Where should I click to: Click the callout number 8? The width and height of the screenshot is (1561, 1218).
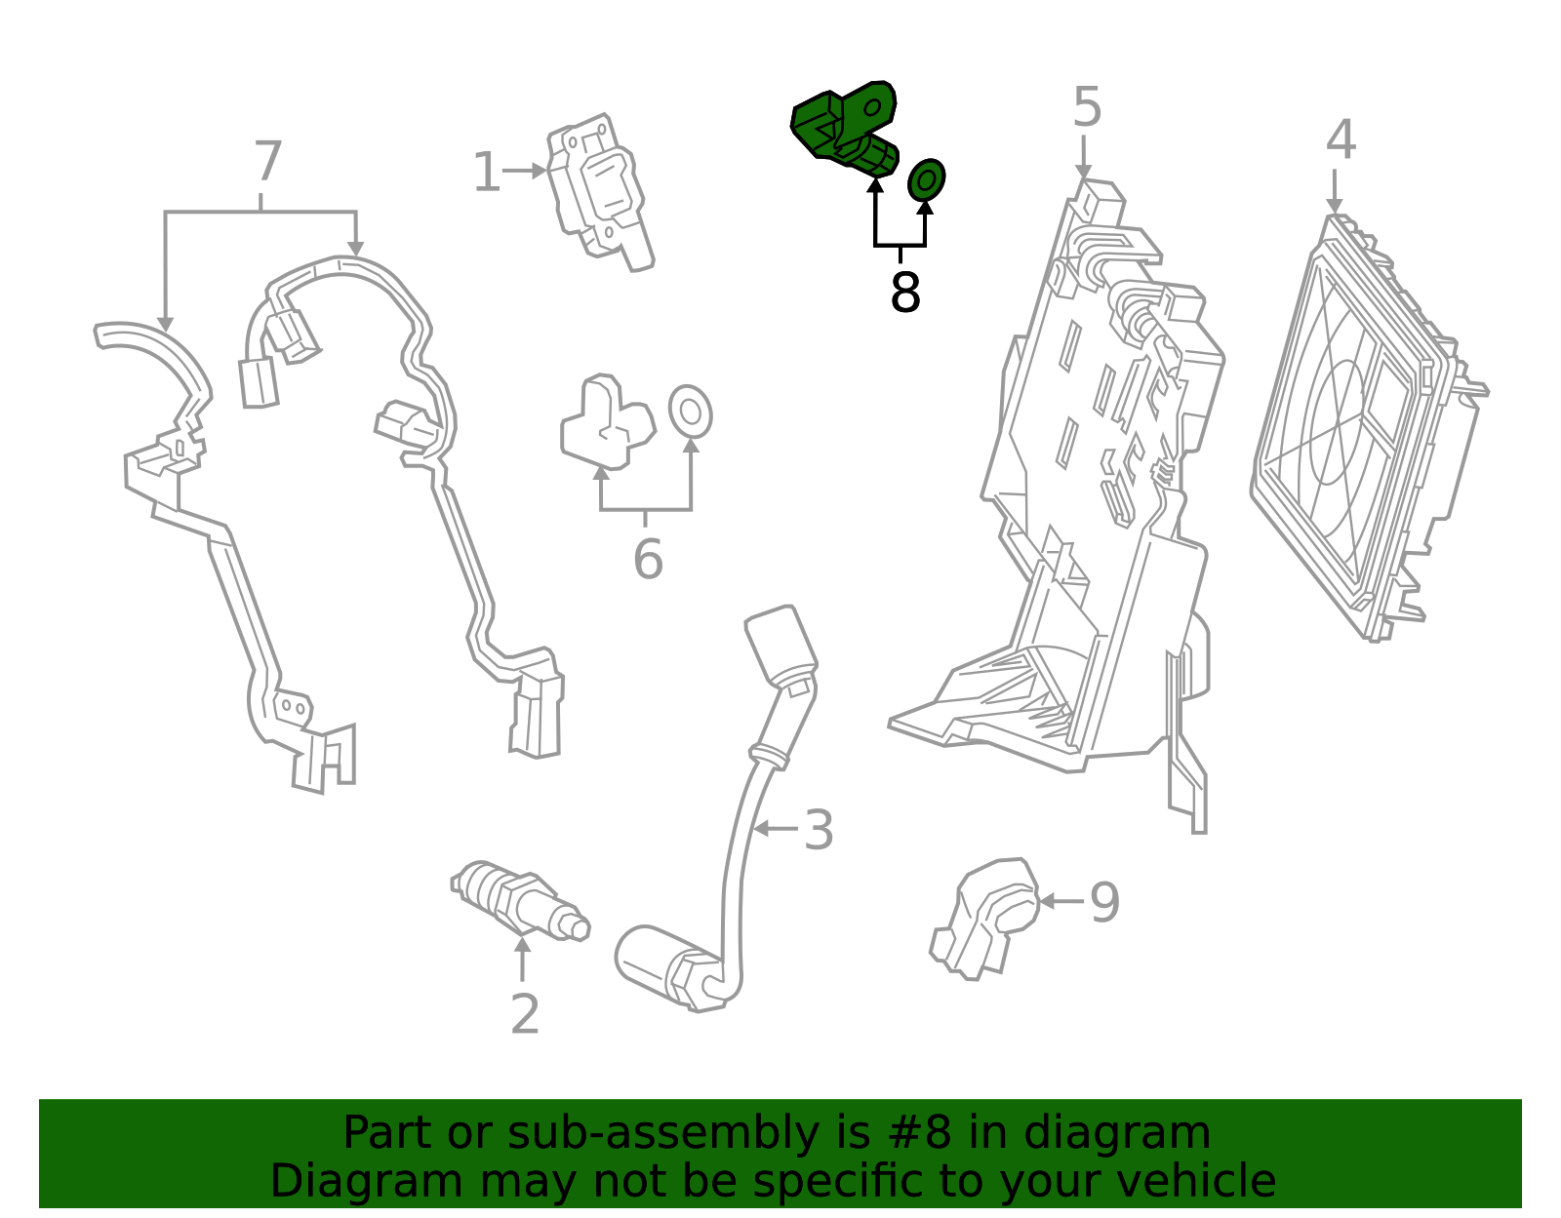point(905,292)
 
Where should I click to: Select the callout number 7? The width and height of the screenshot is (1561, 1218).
point(267,162)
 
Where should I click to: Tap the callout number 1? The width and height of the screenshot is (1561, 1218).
point(486,173)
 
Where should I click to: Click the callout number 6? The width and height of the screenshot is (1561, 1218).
point(648,560)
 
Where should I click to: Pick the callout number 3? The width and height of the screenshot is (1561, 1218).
point(819,830)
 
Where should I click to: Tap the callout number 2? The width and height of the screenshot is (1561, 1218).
point(525,1014)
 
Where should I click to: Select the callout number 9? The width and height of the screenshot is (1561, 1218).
point(1104,902)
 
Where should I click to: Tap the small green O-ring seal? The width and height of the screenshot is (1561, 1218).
point(926,179)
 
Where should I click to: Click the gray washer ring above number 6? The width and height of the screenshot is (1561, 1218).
point(690,412)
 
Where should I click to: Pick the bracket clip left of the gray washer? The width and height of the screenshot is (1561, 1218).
point(605,421)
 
